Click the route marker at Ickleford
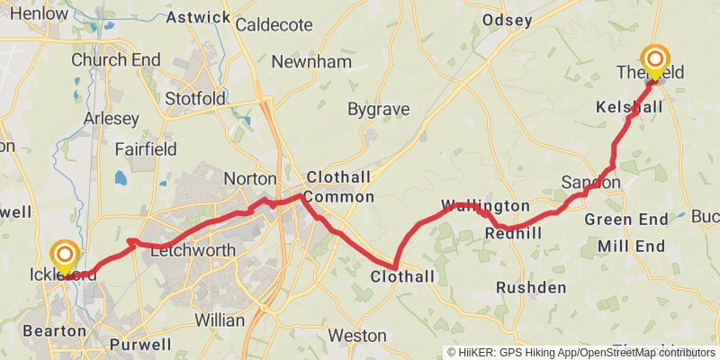click(65, 256)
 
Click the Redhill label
click(512, 233)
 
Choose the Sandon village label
click(590, 183)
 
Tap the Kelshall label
click(629, 107)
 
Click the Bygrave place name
click(379, 110)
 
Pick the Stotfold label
click(195, 98)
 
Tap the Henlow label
click(33, 14)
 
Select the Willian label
click(220, 319)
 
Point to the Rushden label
click(531, 288)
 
